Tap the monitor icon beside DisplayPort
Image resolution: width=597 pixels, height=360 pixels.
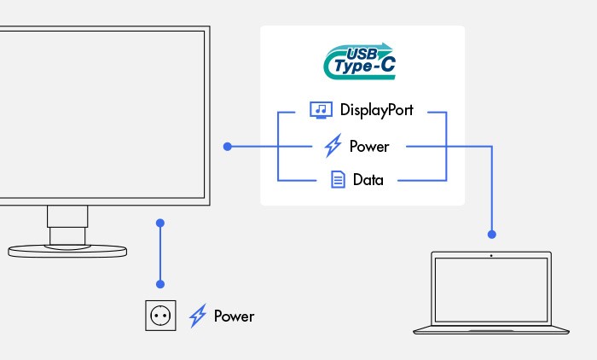[320, 110]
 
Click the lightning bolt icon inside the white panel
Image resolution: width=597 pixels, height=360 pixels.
[333, 146]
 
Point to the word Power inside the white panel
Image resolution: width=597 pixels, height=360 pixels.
[369, 146]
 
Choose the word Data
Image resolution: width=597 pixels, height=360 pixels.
[368, 180]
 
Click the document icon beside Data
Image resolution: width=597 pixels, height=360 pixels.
[338, 180]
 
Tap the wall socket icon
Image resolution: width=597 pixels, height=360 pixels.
[159, 316]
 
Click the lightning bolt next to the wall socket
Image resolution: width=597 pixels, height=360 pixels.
[197, 316]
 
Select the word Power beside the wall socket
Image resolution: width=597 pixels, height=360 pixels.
[234, 316]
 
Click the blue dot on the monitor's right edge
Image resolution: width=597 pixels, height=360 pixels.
[227, 147]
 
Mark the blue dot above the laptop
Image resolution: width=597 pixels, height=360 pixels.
[491, 233]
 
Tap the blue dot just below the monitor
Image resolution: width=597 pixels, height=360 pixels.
[160, 223]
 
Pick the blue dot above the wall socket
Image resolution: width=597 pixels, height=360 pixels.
[160, 283]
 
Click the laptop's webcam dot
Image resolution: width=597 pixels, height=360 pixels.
[491, 255]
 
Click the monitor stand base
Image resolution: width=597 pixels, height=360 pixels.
[67, 252]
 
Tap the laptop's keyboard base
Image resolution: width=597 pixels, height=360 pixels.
[491, 329]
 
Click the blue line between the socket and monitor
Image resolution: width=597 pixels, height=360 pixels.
[160, 253]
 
